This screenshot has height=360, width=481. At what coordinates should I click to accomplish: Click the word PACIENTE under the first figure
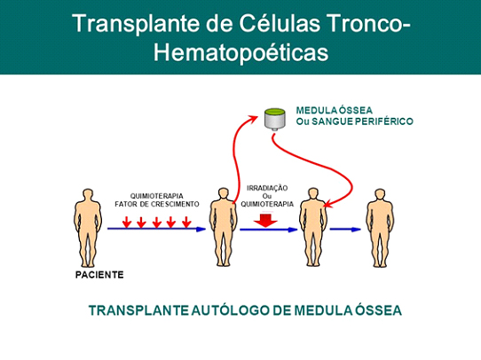point(99,275)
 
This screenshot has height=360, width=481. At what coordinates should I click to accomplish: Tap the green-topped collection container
point(275,119)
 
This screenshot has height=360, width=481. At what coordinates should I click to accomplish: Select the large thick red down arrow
point(265,221)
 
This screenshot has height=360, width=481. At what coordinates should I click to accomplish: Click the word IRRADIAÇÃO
point(267,188)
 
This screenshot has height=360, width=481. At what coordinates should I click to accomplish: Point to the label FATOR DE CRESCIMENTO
point(157,204)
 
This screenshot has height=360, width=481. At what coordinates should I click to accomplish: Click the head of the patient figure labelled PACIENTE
point(88,194)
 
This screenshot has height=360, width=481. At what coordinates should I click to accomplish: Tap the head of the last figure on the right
point(380,194)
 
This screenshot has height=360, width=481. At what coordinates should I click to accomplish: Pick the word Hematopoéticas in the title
point(240,52)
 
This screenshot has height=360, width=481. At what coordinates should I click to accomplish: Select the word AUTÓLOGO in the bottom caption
point(231,310)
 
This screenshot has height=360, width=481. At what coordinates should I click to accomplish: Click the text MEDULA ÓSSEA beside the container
point(335,110)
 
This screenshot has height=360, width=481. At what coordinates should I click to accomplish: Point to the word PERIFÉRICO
point(383,121)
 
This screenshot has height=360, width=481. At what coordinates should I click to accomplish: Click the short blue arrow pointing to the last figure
point(345,229)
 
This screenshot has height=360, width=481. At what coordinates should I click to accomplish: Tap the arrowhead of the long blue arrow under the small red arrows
point(201,229)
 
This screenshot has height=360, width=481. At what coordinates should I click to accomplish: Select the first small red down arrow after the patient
point(127,223)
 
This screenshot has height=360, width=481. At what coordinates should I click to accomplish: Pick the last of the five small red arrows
point(186,223)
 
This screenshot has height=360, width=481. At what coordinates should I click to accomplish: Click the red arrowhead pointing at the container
point(254,118)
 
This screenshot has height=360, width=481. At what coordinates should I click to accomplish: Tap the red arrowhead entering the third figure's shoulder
point(329,204)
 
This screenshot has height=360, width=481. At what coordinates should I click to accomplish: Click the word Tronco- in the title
point(368,23)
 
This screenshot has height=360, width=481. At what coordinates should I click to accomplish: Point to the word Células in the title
point(280,23)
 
